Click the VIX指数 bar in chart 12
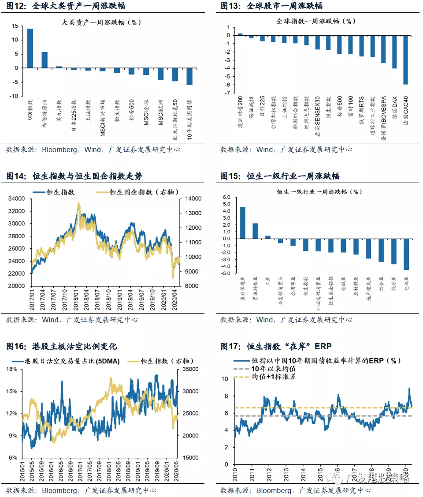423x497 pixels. tap(30, 48)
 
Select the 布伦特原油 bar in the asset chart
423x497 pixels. tap(45, 60)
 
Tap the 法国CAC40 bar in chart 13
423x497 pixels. tap(406, 60)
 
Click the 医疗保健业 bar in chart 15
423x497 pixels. tap(243, 223)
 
